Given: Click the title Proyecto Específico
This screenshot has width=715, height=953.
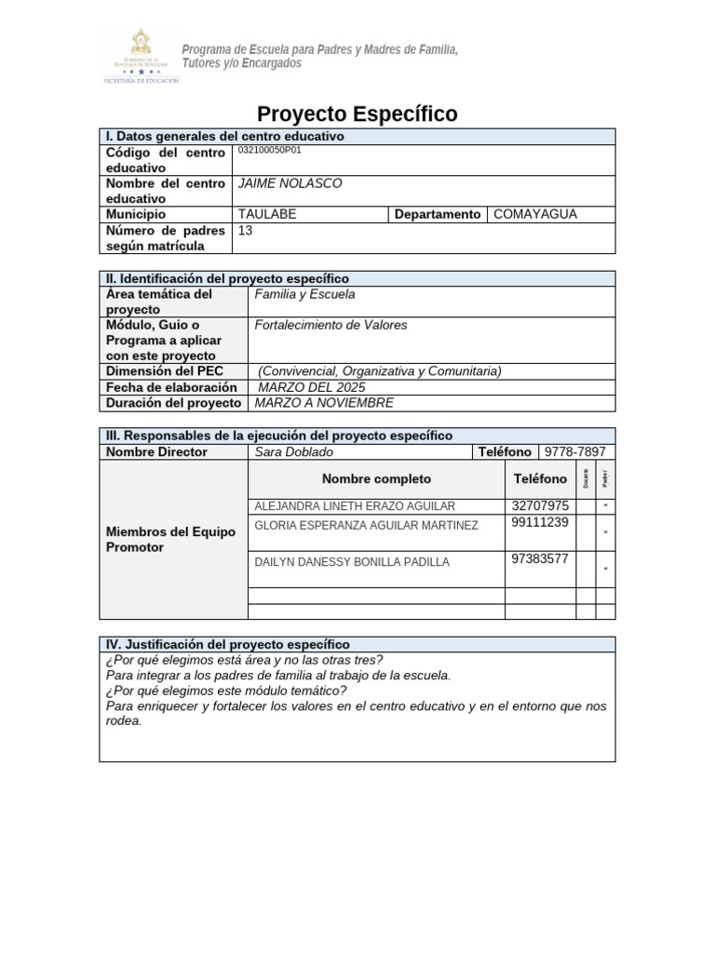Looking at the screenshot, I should pos(357,114).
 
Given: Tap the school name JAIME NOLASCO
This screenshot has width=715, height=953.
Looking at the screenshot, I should pos(290,183).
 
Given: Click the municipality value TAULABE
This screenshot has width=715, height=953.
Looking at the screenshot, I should pos(267,214).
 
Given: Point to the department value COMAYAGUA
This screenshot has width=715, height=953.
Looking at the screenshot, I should pos(534,214).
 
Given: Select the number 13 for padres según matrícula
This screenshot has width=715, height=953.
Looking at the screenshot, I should pos(246,230).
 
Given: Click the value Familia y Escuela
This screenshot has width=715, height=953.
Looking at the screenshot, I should pos(304,294).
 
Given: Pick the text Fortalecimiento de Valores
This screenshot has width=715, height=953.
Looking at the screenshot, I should pos(331,325).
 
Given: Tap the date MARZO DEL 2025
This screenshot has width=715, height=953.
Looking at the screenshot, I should pos(311,387).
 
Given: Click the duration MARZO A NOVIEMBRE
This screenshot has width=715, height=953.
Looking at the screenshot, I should pos(324,403).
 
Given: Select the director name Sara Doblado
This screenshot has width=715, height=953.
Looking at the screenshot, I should pos(293,451).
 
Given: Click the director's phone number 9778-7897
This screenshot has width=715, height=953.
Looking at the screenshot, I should pos(574,451).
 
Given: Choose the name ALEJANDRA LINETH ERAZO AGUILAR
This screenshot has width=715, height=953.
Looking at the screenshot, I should pos(355,506).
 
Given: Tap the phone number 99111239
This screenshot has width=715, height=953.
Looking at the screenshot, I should pos(540,523).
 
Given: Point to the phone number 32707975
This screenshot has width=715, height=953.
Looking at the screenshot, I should pos(540,506).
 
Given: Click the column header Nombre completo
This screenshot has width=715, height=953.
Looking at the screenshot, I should pos(376,478).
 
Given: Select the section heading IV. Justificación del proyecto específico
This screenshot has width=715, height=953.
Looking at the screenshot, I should pos(228,644).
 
